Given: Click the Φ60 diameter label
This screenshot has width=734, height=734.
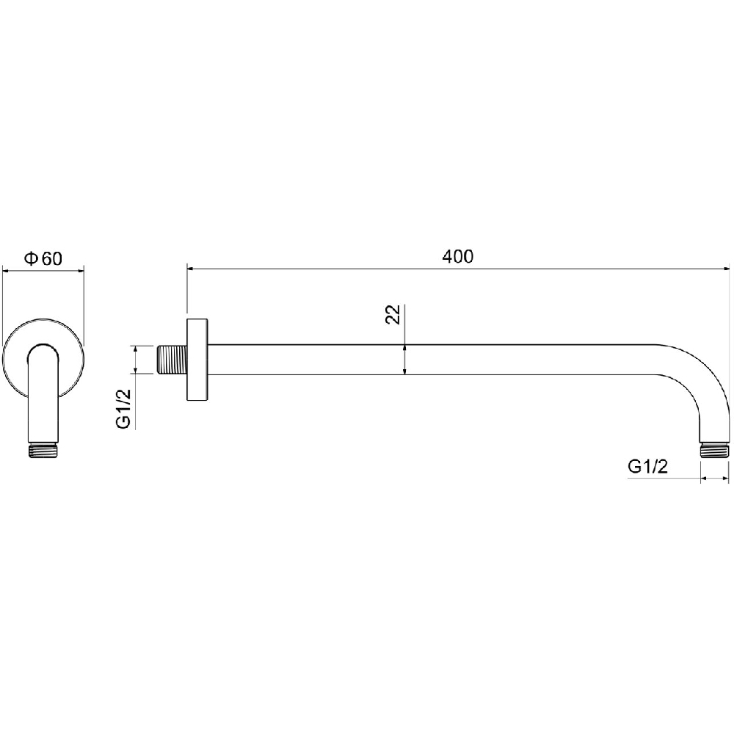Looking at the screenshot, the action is tap(43, 258).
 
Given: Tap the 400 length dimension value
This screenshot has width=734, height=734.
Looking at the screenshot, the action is tap(457, 256).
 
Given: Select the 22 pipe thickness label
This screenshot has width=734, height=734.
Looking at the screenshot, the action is tap(393, 315).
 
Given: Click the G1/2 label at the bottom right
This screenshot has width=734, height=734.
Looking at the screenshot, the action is tap(648, 467).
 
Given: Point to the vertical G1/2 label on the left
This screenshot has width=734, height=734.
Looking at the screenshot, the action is tap(123, 409).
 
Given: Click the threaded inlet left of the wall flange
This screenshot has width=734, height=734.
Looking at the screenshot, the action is tap(170, 360).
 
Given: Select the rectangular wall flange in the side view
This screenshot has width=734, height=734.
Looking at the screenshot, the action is tap(197, 360).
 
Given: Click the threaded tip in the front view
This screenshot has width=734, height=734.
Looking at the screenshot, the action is tap(43, 451).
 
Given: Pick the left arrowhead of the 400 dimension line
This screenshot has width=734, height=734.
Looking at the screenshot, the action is tap(191, 269).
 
